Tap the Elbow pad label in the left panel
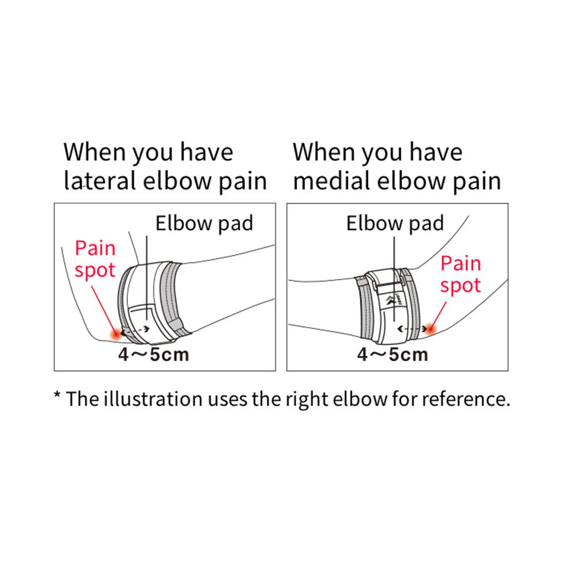pos(204,223)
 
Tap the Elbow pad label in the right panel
pos(395,223)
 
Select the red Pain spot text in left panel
pos(95,259)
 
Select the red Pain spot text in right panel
pos(461,275)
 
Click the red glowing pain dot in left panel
pos(117,334)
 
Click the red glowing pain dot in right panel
pos(431,328)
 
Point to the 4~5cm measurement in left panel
pos(154,354)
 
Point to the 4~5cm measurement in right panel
pos(393,354)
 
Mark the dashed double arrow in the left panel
pos(135,329)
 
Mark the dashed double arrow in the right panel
pos(412,329)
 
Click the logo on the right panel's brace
pos(392,300)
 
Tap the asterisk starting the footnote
pos(57,395)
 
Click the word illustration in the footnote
pos(153,399)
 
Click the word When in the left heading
pos(95,151)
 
